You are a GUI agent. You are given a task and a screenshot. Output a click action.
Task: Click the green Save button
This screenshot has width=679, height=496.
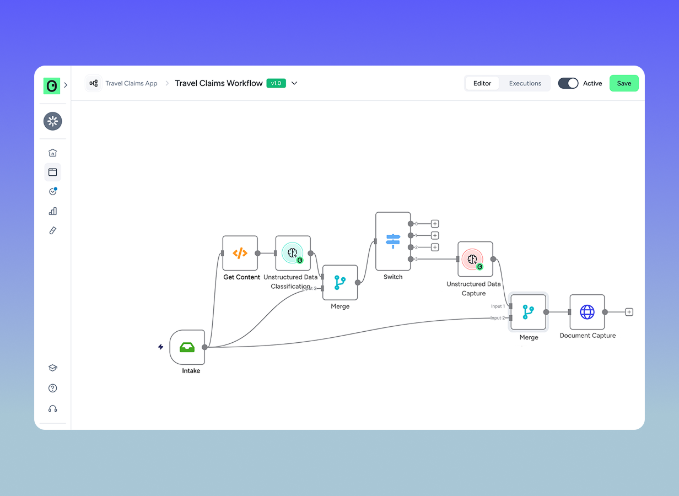(x=624, y=83)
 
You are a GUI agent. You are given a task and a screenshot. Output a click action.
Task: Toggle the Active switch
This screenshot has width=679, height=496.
(x=568, y=83)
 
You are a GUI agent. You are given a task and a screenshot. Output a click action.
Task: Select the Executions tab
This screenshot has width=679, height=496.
(x=525, y=83)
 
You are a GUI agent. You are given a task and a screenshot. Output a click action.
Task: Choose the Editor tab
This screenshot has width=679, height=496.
(x=482, y=83)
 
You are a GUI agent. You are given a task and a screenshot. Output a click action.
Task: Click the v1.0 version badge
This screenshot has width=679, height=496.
(x=276, y=83)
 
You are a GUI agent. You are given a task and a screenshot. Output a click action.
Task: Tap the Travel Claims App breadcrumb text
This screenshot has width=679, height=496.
(x=131, y=83)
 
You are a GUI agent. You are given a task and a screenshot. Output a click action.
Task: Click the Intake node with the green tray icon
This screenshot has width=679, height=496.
(x=187, y=347)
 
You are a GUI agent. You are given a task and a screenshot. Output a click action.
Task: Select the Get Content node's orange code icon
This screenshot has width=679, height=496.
(x=240, y=253)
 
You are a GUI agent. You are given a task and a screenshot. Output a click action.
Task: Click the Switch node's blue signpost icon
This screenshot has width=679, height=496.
(x=393, y=241)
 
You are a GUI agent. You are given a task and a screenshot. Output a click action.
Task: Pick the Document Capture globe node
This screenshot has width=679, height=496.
(x=587, y=312)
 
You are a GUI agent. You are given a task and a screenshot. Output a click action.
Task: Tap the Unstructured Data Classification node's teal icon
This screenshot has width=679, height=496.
(x=293, y=253)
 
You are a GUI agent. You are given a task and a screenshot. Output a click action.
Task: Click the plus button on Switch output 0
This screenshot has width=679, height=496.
(x=435, y=224)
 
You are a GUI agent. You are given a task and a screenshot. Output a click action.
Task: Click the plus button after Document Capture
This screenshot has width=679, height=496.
(x=629, y=312)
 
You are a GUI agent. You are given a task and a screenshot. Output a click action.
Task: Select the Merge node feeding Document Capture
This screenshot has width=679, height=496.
(x=528, y=312)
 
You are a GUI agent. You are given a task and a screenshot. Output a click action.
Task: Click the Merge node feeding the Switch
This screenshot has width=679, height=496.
(x=340, y=282)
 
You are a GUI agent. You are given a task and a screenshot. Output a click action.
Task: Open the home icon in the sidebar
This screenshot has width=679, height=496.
(x=53, y=153)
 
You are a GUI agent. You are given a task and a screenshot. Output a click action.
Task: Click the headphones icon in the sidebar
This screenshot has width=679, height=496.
(x=53, y=409)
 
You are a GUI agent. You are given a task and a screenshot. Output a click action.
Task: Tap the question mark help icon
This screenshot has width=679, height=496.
(x=53, y=388)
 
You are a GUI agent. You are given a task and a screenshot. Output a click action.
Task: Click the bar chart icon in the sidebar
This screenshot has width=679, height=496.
(x=53, y=211)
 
